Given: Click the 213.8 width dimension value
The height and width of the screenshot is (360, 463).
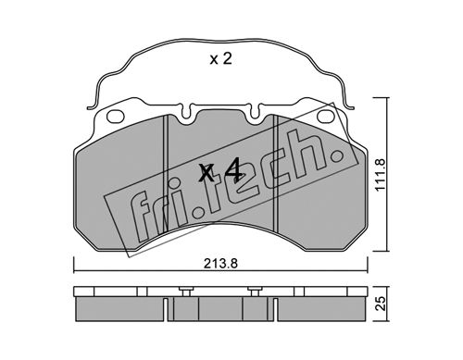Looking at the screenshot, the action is pyautogui.click(x=220, y=264).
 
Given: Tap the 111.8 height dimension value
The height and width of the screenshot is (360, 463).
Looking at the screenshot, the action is pyautogui.click(x=382, y=175).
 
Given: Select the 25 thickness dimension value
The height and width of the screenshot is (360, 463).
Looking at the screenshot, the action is pyautogui.click(x=382, y=304).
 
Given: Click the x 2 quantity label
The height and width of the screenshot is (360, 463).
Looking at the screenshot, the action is pyautogui.click(x=220, y=58).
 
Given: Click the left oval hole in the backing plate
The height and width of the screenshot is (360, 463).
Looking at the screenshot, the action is pyautogui.click(x=116, y=116).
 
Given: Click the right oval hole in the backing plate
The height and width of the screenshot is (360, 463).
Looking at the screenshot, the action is pyautogui.click(x=326, y=116).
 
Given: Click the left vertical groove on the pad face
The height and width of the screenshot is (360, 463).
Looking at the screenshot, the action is pyautogui.click(x=166, y=173).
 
